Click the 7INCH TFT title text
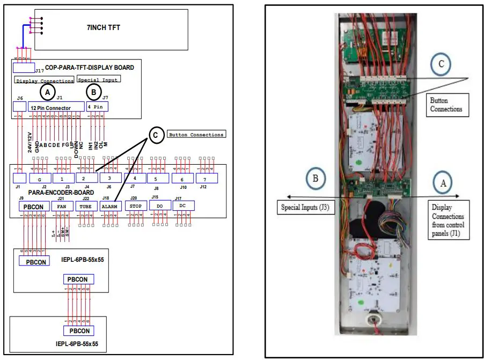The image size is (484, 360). tap(112, 26)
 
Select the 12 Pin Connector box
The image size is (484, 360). tap(56, 107)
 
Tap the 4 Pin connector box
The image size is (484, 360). tap(97, 107)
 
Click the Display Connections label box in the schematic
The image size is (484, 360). tap(44, 81)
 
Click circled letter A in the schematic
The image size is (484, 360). tap(48, 93)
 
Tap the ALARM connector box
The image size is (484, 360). tap(111, 205)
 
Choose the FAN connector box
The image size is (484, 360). tap(62, 205)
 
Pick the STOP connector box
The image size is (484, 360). tap(135, 205)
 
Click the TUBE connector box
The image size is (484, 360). tap(86, 205)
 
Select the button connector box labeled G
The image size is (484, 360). tap(39, 178)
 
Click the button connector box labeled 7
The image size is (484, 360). tap(207, 178)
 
